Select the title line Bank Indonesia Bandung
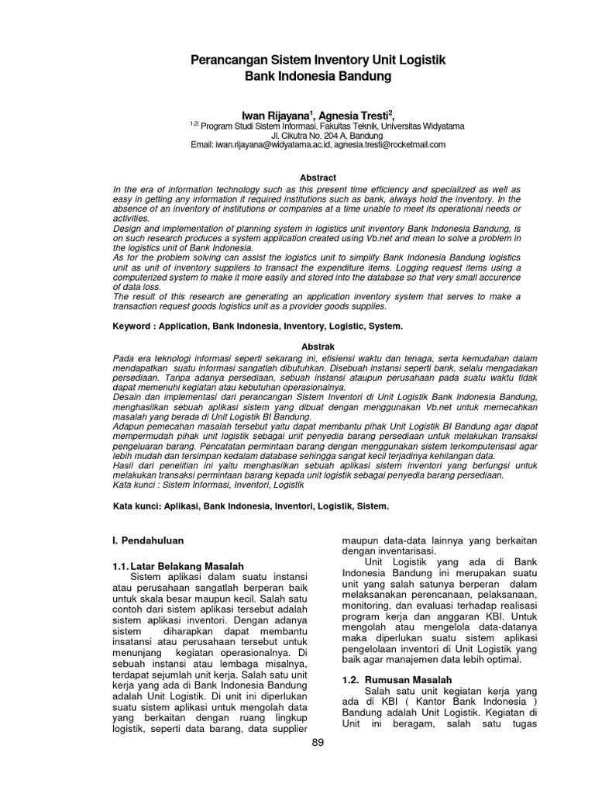click(x=318, y=77)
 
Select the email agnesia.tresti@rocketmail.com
click(x=390, y=144)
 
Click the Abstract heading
click(x=318, y=178)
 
